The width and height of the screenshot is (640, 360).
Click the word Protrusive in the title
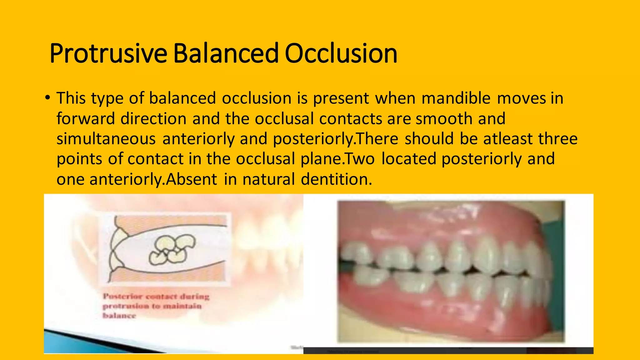coord(108,53)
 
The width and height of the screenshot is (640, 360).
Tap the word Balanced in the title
coord(225,53)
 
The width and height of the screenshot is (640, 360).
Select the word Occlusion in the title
coord(341,53)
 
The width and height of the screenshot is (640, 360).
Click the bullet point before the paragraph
coord(47,98)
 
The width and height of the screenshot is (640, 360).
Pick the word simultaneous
coord(106,139)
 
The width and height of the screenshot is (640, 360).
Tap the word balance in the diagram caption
coord(119,316)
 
